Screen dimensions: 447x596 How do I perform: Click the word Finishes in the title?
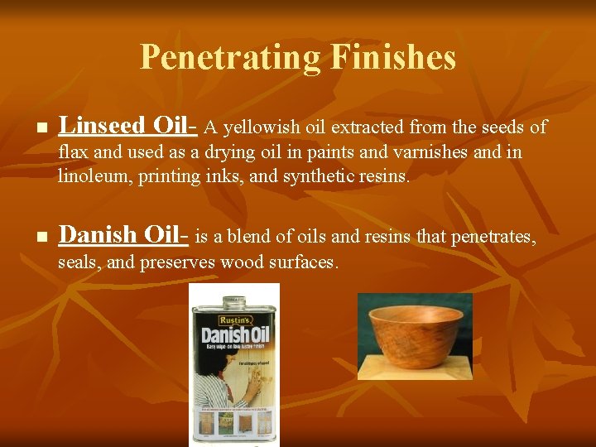[x=392, y=57]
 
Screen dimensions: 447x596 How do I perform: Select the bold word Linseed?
[x=103, y=126]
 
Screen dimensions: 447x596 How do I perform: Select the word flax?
[x=72, y=153]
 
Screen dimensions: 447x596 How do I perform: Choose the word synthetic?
[x=319, y=176]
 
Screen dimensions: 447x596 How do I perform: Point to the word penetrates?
[x=493, y=238]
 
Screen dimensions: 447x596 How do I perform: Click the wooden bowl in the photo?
[x=416, y=328]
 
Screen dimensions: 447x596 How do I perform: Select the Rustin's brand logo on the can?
[x=233, y=318]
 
